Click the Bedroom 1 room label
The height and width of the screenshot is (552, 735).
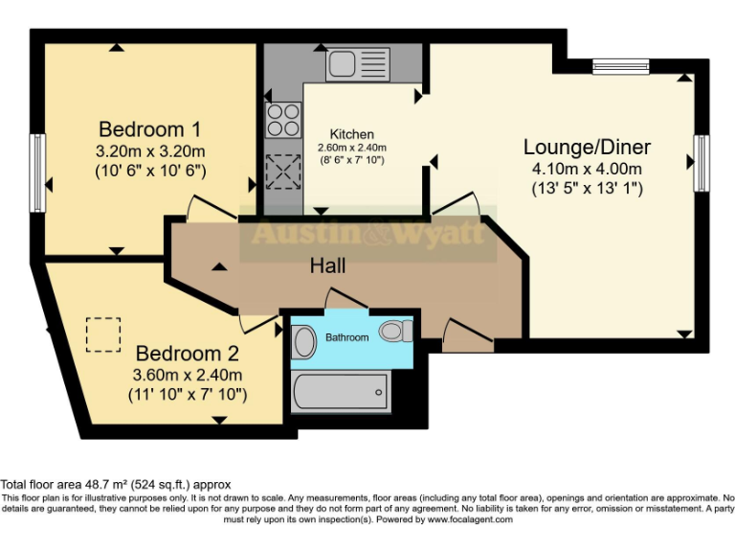[x=150, y=129]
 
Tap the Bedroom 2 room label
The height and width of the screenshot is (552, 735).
[x=187, y=352]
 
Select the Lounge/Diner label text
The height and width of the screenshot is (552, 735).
[x=586, y=147]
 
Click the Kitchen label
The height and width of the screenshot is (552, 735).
[x=351, y=134]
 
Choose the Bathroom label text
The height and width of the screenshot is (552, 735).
[x=346, y=337]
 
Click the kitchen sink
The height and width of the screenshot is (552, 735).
[x=356, y=65]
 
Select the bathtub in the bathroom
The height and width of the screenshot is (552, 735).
[x=341, y=391]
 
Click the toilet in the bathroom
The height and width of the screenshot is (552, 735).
[x=394, y=332]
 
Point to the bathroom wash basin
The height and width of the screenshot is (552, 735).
[x=303, y=341]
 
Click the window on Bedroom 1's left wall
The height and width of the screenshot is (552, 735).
[x=37, y=172]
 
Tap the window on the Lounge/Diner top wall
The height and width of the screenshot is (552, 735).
[x=620, y=66]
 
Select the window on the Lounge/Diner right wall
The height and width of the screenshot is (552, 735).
[x=702, y=165]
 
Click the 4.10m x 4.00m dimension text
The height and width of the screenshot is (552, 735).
[x=586, y=169]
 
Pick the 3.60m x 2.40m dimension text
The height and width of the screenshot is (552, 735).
[x=188, y=374]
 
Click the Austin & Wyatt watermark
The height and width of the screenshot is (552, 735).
[x=367, y=233]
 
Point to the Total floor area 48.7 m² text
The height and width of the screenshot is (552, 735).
[x=116, y=485]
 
